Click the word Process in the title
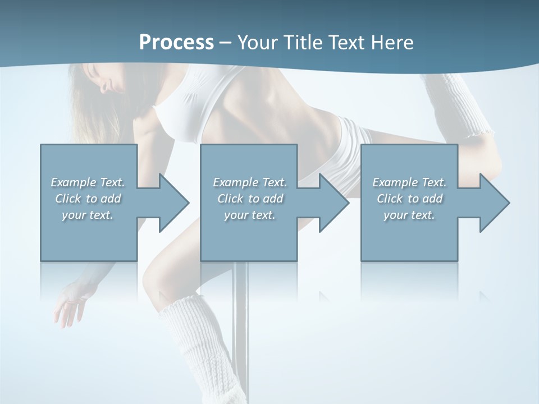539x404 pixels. pyautogui.click(x=176, y=43)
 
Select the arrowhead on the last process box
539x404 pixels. pyautogui.click(x=494, y=203)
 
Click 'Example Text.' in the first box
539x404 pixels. pyautogui.click(x=88, y=182)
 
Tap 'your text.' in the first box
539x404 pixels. pyautogui.click(x=88, y=215)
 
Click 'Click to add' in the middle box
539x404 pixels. pyautogui.click(x=250, y=199)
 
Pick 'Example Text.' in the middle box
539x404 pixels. pyautogui.click(x=250, y=182)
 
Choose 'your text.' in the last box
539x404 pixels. pyautogui.click(x=409, y=215)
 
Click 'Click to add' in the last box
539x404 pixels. pyautogui.click(x=409, y=199)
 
